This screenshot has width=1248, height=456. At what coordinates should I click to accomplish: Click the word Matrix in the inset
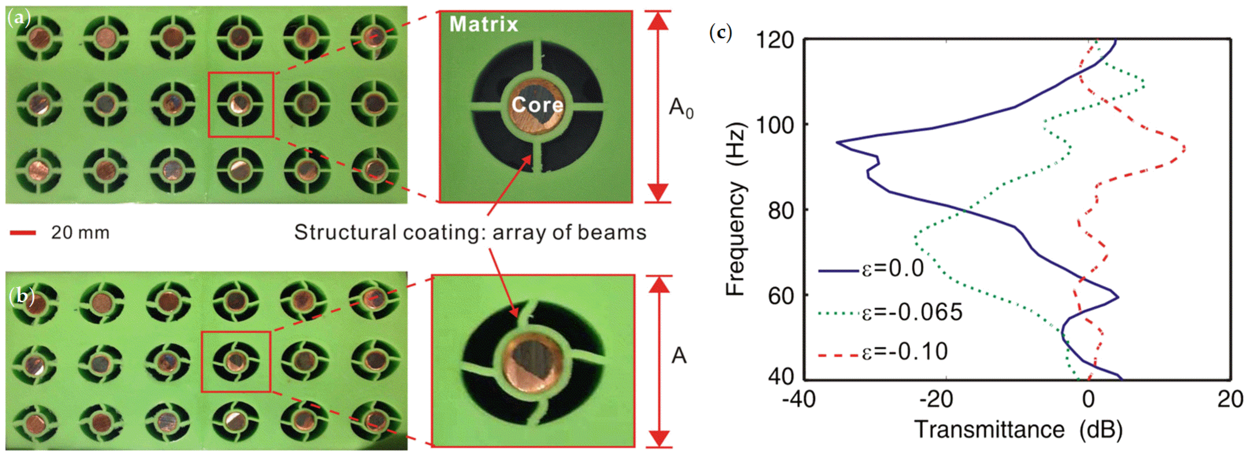point(483,24)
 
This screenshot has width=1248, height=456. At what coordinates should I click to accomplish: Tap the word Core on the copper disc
point(537,104)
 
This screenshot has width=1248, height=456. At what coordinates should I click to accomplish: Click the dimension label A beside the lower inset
point(679,356)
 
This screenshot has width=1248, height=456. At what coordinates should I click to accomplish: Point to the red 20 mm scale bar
point(23,233)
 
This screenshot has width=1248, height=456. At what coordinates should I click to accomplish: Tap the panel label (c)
point(720,33)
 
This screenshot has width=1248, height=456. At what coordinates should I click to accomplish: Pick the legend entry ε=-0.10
point(904,352)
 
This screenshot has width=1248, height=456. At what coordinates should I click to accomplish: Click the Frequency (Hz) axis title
point(735,211)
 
